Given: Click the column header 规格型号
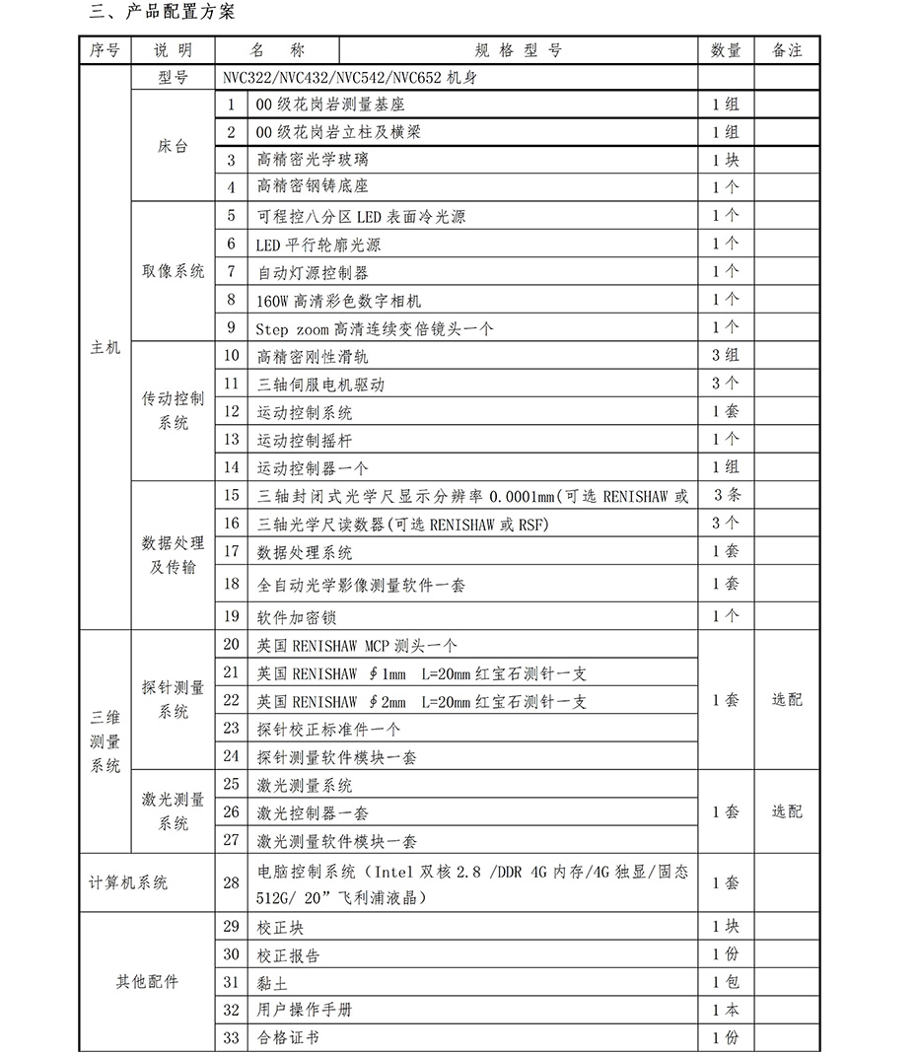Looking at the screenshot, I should pyautogui.click(x=518, y=50).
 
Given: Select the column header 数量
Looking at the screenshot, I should pyautogui.click(x=726, y=50).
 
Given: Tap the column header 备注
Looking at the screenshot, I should pyautogui.click(x=787, y=50).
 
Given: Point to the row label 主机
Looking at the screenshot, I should pyautogui.click(x=105, y=347).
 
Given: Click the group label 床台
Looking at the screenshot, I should pyautogui.click(x=173, y=146).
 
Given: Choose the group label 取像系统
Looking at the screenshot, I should pyautogui.click(x=173, y=271).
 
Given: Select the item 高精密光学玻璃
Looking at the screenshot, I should pyautogui.click(x=312, y=159).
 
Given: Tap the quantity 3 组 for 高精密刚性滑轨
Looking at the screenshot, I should pyautogui.click(x=726, y=355).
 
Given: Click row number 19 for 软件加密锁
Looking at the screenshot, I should pyautogui.click(x=232, y=616).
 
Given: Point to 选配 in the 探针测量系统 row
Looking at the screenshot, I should pyautogui.click(x=787, y=700).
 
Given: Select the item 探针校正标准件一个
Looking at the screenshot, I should pyautogui.click(x=328, y=730).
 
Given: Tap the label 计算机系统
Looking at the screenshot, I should pyautogui.click(x=128, y=882).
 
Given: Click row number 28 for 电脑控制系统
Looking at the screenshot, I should pyautogui.click(x=232, y=882).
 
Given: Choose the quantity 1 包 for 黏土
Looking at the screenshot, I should pyautogui.click(x=726, y=982).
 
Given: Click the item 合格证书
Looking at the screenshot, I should pyautogui.click(x=287, y=1037).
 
